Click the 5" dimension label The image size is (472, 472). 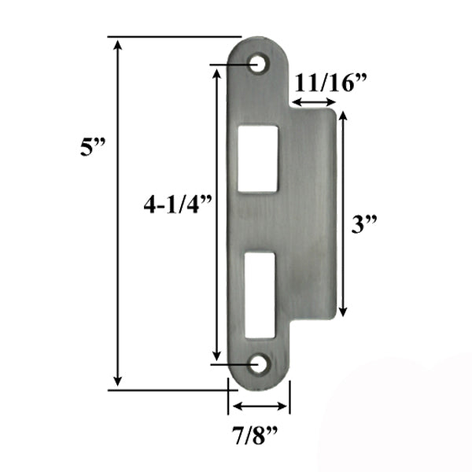point(93,147)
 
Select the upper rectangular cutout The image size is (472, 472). point(258,157)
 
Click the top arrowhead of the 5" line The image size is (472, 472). point(118,42)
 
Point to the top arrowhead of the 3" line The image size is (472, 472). point(343,116)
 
